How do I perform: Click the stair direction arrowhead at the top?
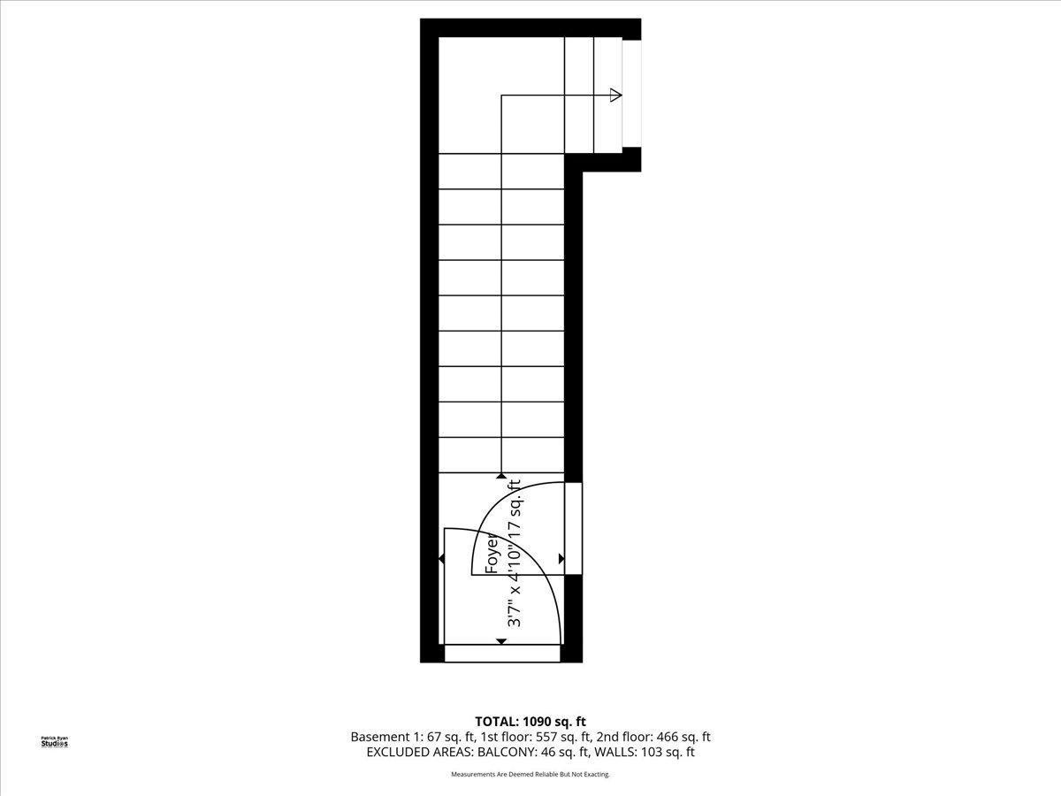[x=615, y=96]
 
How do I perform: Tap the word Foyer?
[x=492, y=553]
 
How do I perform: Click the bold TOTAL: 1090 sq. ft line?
[x=530, y=722]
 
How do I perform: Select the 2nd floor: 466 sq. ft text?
[x=653, y=737]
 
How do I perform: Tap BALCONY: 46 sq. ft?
[x=533, y=752]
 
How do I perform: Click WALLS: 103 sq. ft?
[x=644, y=752]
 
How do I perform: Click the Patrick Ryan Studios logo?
[x=55, y=742]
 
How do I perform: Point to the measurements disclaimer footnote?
[x=530, y=774]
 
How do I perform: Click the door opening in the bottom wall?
[x=501, y=654]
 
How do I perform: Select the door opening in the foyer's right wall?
[x=573, y=528]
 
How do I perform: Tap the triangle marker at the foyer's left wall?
[x=441, y=559]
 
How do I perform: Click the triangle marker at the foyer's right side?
[x=561, y=559]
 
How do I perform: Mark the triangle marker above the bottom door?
[x=501, y=641]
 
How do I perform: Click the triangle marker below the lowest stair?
[x=501, y=476]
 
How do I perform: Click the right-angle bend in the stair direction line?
[x=501, y=96]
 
